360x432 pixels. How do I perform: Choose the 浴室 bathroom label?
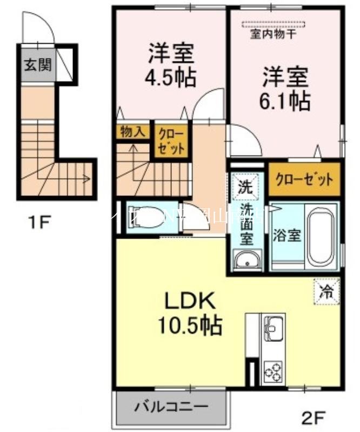[x=286, y=237]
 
